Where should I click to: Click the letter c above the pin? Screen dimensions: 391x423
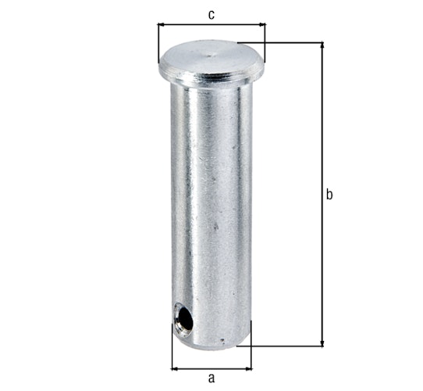(211, 13)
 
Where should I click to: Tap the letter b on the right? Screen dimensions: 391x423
(329, 194)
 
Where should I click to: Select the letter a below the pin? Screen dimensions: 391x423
(211, 378)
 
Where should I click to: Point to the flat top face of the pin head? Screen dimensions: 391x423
(211, 58)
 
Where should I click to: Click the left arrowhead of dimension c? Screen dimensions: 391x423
(162, 25)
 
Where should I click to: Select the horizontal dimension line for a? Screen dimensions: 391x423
(211, 367)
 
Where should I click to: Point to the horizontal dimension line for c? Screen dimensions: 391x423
(211, 25)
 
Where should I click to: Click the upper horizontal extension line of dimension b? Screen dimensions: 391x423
(289, 42)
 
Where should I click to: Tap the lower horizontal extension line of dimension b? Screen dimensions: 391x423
(289, 345)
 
